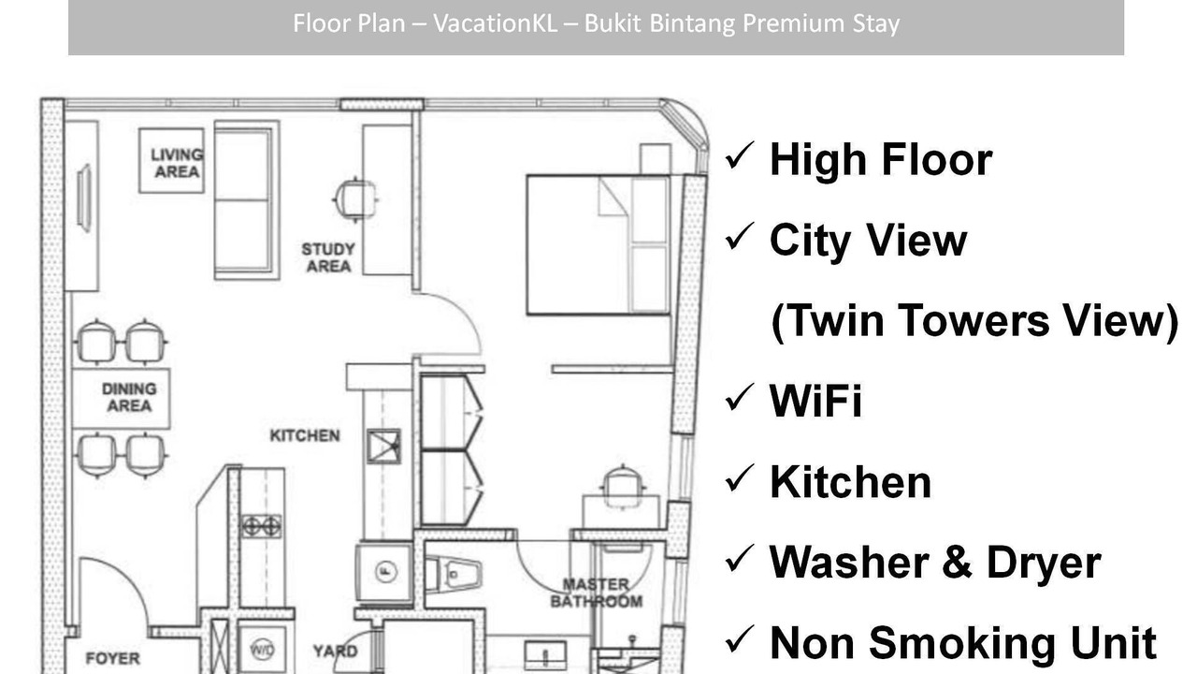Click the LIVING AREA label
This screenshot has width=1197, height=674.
(177, 163)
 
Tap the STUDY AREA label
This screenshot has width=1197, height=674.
(328, 257)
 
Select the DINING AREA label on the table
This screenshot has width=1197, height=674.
(129, 397)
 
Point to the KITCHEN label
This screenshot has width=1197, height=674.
(305, 436)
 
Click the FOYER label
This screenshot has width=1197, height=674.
(113, 658)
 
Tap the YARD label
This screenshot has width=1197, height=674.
(335, 651)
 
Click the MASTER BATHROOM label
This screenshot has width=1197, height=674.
(597, 593)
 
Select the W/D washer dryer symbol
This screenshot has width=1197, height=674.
(263, 650)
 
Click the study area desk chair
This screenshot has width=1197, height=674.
(355, 200)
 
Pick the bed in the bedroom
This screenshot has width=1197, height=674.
(598, 244)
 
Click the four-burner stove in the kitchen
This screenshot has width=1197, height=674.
(261, 526)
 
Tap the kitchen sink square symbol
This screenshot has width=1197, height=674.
(383, 447)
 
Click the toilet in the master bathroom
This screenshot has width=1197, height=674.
(454, 575)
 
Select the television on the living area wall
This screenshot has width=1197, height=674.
(84, 198)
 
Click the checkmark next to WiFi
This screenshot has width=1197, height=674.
(740, 398)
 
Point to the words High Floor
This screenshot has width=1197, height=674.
(881, 159)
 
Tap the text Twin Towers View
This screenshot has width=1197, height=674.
(974, 320)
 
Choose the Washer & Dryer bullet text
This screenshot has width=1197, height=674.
(935, 563)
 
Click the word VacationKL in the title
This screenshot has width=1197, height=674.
(495, 23)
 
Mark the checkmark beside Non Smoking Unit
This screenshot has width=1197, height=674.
(740, 639)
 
